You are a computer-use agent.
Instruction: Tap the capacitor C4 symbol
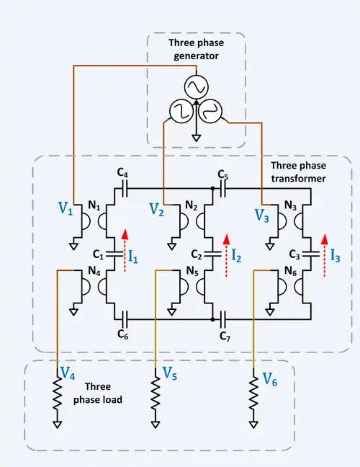pos(125,189)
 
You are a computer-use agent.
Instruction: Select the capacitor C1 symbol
pos(114,254)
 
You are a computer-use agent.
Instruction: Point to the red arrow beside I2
pos(226,256)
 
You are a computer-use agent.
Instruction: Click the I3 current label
pos(336,255)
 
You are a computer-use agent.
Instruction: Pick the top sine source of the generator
pos(197,86)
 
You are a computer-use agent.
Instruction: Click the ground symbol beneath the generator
pos(197,138)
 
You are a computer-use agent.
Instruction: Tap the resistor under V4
pos(57,395)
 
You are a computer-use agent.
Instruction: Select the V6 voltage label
pos(270,379)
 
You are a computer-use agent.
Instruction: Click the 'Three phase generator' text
pos(197,49)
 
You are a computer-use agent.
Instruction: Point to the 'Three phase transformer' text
pos(298,172)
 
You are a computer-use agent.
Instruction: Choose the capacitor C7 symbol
pos(223,319)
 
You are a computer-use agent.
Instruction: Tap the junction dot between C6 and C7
pos(212,319)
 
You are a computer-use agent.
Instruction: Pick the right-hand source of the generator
pos(212,111)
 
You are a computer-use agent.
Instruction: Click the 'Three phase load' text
pos(98,393)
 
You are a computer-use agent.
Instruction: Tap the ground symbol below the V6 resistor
pos(253,424)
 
